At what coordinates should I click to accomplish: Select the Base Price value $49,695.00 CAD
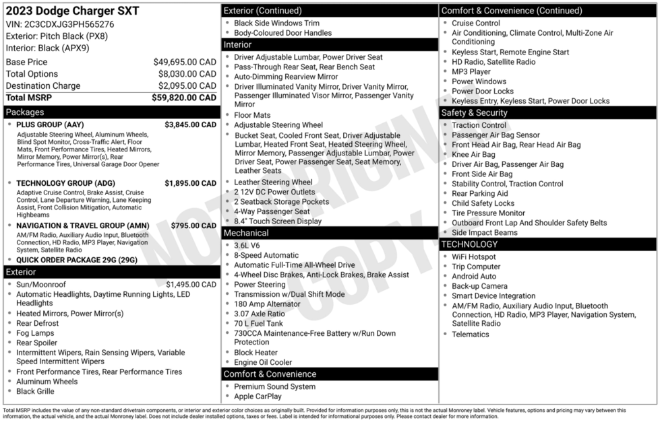tap(185, 62)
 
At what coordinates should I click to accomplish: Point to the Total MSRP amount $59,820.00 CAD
tap(184, 98)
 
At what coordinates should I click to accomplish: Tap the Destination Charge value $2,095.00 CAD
tap(187, 86)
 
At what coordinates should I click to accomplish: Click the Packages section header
tap(25, 112)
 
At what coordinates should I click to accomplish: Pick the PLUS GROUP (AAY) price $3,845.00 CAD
tap(190, 125)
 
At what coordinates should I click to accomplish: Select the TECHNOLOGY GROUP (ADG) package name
tap(65, 183)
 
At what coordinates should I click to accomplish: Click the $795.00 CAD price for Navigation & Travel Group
tap(193, 226)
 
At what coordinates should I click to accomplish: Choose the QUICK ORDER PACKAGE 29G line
tap(76, 260)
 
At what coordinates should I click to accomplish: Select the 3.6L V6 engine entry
tap(247, 246)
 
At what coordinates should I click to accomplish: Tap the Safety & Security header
tap(473, 112)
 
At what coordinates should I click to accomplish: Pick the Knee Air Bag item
tap(473, 155)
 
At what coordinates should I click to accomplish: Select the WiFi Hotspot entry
tap(473, 257)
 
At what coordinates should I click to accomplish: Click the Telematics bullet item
tap(471, 335)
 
